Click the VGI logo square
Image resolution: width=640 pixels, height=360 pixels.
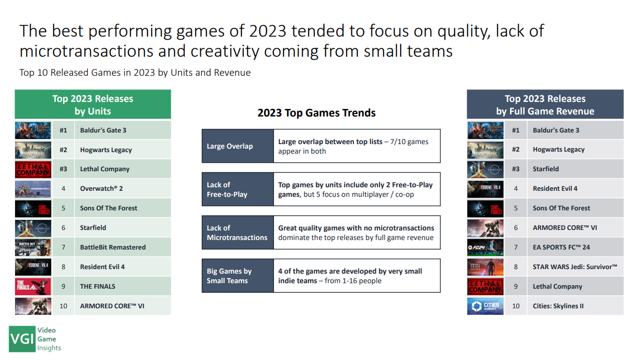coord(22,339)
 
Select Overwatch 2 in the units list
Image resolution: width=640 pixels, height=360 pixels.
coord(101,189)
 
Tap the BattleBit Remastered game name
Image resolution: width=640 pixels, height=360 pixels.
coord(113,247)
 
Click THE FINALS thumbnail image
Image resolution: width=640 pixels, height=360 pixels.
coord(33,287)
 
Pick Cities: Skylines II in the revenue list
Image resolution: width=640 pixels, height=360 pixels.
coord(558,306)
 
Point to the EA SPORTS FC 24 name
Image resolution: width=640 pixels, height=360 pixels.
coord(561,247)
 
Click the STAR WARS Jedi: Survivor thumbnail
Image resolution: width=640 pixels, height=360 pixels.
coord(485,267)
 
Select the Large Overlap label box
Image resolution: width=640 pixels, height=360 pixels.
coord(238,146)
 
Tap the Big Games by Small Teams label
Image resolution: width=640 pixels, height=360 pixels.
coord(238,276)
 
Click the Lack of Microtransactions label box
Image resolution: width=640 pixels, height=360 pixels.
coord(238,232)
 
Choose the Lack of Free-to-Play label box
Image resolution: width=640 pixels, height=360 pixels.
coord(238,189)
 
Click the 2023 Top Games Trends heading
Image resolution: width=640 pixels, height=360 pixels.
coord(317,113)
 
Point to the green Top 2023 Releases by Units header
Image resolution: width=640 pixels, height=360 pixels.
coord(93,104)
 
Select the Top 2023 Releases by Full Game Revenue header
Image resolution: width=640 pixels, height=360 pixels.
coord(545,104)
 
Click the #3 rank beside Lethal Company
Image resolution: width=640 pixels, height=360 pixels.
coord(63,169)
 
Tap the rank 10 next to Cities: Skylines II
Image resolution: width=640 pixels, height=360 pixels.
coord(516,306)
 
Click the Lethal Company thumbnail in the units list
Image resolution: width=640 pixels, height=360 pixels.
coord(33,169)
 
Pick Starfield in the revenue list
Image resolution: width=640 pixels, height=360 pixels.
coord(546,169)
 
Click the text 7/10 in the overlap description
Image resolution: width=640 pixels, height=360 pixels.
coord(398,142)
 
